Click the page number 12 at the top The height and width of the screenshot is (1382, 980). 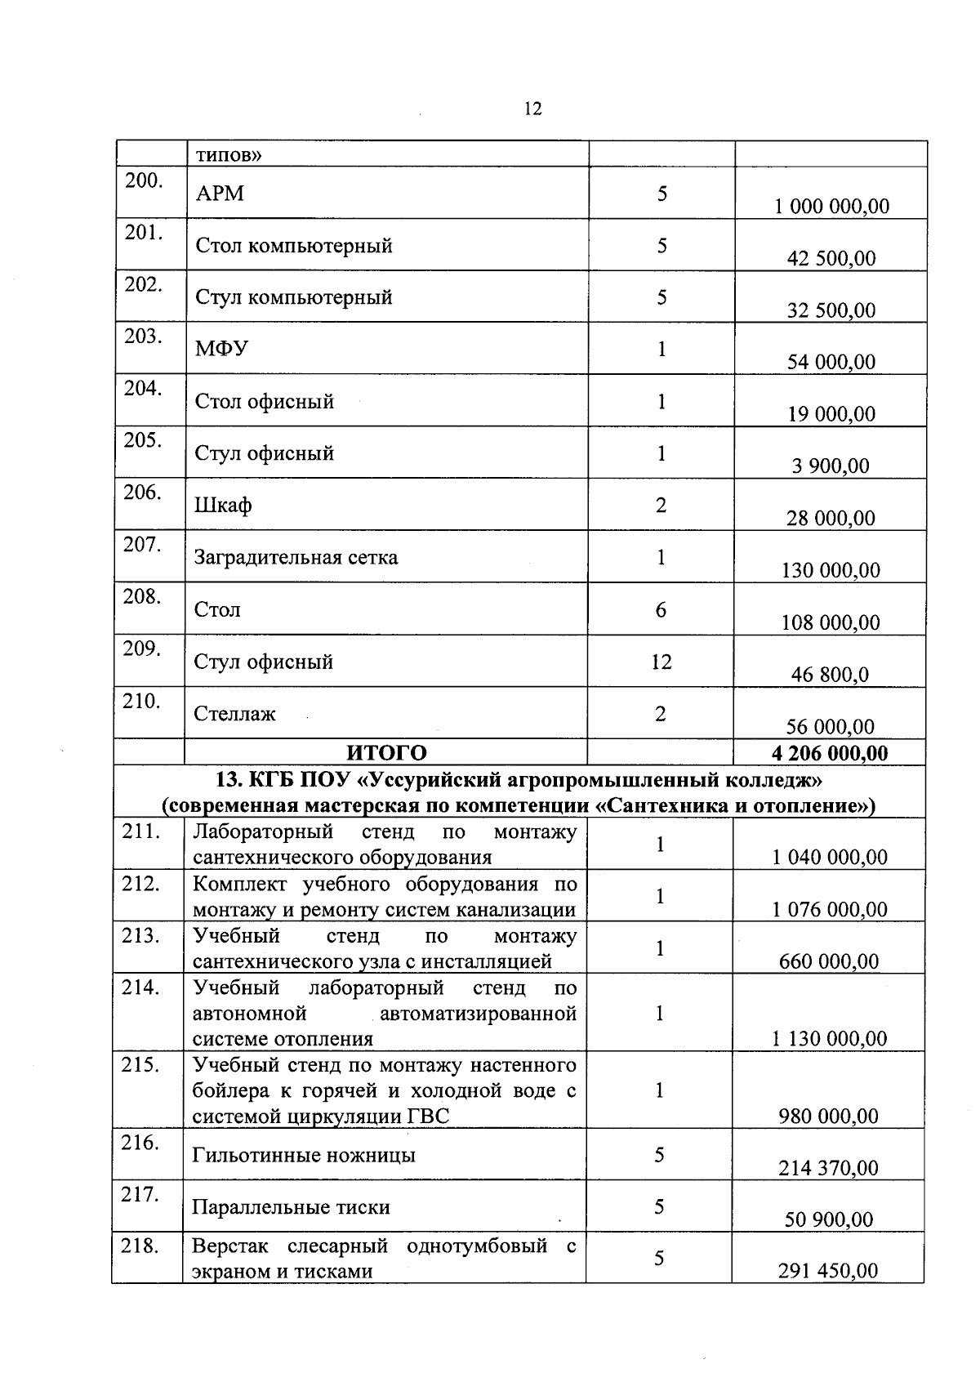[532, 109]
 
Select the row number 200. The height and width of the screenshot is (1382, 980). [144, 181]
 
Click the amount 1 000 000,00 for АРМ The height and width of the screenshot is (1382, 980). [831, 207]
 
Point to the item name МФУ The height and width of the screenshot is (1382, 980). [221, 350]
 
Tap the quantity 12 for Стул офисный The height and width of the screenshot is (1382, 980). [661, 662]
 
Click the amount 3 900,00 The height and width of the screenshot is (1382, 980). [831, 466]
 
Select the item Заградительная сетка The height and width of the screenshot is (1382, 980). [296, 558]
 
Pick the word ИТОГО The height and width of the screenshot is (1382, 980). [386, 752]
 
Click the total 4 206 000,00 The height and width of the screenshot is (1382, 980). [830, 752]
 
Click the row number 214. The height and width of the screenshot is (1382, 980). [140, 987]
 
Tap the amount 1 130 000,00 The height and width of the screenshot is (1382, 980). [829, 1039]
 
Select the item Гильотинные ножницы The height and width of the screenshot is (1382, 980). [304, 1156]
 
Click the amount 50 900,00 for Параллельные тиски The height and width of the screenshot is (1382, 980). [829, 1220]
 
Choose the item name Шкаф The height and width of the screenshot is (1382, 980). [222, 506]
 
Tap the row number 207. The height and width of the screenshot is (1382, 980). [142, 545]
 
